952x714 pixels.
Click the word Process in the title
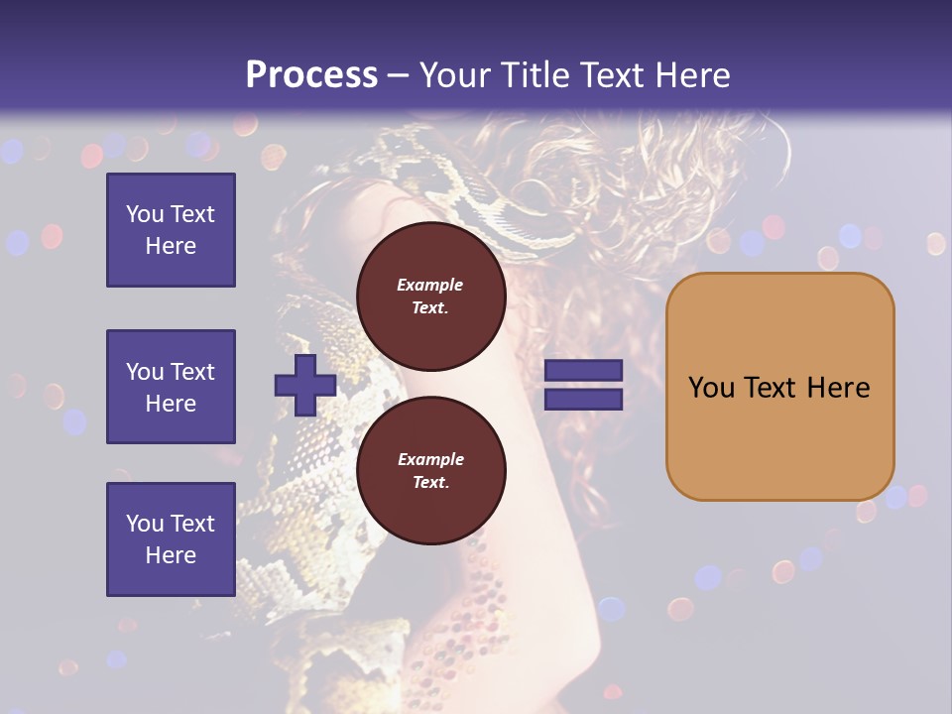click(x=311, y=75)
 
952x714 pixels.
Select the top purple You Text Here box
click(x=171, y=230)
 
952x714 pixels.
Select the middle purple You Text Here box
click(x=171, y=387)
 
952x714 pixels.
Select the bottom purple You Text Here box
click(x=171, y=538)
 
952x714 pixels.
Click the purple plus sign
click(x=304, y=386)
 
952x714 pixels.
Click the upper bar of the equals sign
click(x=583, y=371)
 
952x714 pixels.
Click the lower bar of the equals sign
click(x=583, y=399)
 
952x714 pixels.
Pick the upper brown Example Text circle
click(x=430, y=296)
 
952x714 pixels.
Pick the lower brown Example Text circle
click(x=430, y=470)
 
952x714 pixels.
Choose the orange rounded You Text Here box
click(x=779, y=387)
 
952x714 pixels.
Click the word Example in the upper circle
click(x=430, y=285)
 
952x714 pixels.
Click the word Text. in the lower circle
click(x=430, y=482)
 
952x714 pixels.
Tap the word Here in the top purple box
click(x=171, y=246)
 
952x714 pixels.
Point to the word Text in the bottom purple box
click(x=192, y=524)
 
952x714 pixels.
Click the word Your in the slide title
click(x=450, y=75)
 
